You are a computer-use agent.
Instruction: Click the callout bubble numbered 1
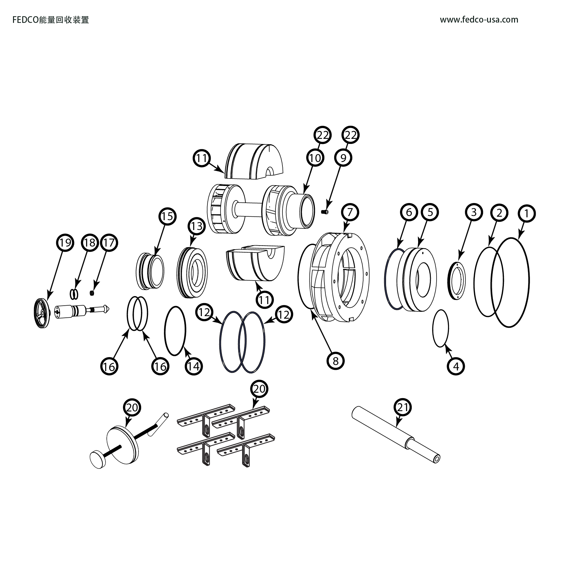point(527,214)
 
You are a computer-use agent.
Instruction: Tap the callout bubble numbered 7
point(350,212)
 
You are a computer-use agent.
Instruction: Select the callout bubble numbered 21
point(403,407)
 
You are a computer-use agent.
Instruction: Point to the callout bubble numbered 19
point(65,243)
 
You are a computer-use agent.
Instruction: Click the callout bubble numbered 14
point(193,366)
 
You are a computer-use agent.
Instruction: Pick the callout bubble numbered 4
point(456,367)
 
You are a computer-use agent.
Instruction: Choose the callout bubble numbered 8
point(336,361)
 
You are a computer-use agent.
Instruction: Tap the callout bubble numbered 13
point(197,226)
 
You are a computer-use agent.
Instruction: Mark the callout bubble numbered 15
point(167,216)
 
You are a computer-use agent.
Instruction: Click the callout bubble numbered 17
point(109,243)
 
